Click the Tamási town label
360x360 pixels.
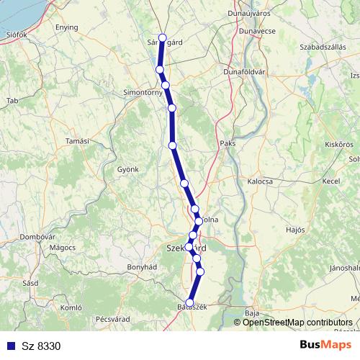pos(76,141)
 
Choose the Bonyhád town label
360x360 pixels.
pos(142,266)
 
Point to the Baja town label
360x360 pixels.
pos(251,313)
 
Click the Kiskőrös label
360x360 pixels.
pos(338,144)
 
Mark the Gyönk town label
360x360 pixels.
pos(127,169)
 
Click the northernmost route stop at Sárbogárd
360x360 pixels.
pos(163,38)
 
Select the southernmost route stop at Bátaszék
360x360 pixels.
pos(190,303)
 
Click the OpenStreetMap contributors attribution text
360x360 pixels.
pos(297,322)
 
